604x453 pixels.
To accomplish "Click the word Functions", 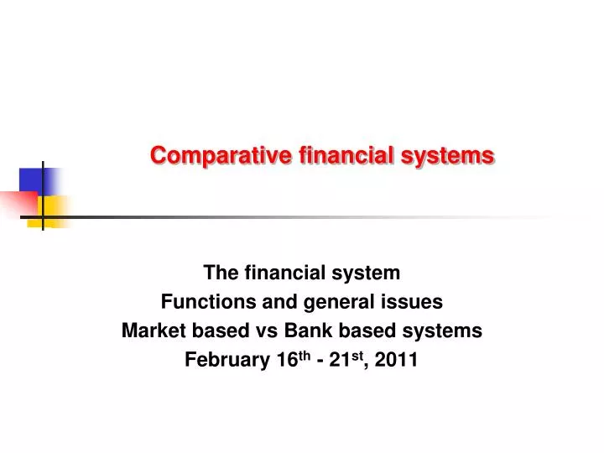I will [x=200, y=302].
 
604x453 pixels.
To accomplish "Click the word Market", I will [x=151, y=331].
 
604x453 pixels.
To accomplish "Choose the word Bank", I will [x=335, y=331].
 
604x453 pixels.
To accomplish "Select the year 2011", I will [x=398, y=360].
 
